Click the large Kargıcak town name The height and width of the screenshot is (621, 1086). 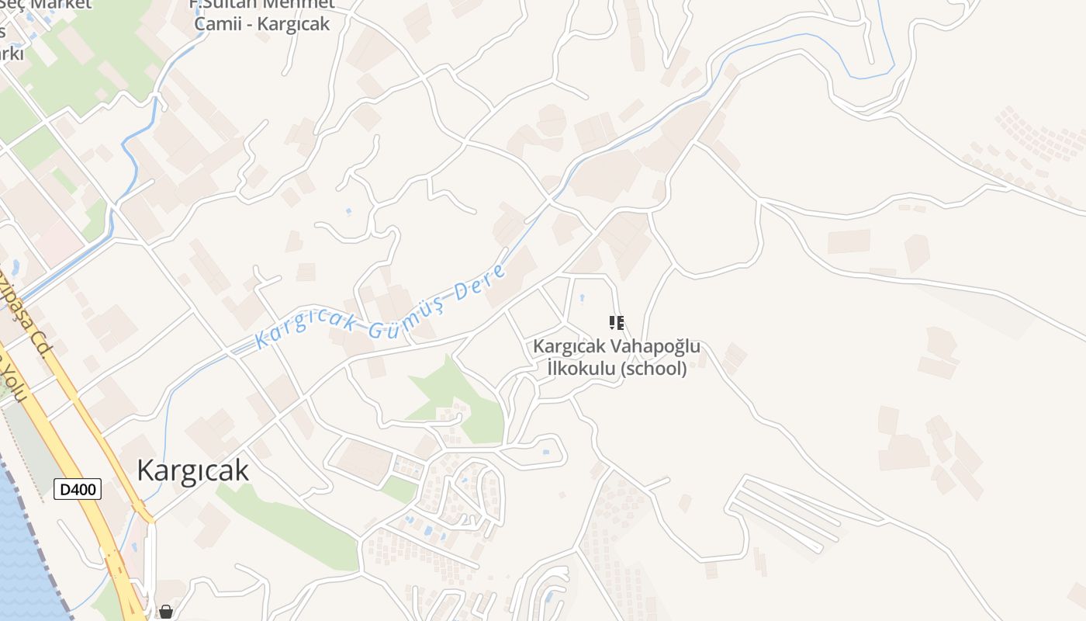tap(192, 470)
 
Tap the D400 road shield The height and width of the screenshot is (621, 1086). tap(78, 489)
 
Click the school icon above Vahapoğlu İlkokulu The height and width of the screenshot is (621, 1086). tap(617, 322)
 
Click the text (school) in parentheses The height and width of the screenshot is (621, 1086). tap(654, 369)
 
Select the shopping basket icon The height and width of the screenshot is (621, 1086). tap(165, 612)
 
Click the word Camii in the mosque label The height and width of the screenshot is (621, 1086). tap(216, 24)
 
